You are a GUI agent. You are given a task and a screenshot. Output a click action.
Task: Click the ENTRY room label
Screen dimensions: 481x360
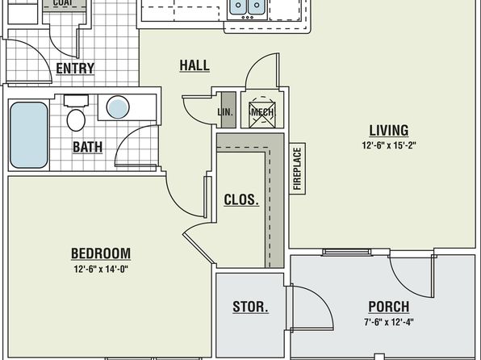[75, 68]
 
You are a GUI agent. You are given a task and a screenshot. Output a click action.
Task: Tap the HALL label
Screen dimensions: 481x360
[194, 65]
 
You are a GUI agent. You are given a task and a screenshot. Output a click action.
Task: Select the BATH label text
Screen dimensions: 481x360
[87, 147]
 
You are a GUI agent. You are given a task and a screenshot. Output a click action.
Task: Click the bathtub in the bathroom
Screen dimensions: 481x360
[29, 135]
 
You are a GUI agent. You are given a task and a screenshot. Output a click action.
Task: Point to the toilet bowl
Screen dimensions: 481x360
[76, 120]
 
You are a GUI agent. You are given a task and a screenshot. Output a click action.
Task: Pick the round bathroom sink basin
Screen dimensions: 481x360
[118, 107]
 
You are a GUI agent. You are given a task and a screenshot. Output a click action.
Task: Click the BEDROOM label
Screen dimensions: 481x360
[101, 253]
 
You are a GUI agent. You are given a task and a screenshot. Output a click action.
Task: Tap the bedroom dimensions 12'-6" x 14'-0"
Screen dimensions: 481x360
[101, 269]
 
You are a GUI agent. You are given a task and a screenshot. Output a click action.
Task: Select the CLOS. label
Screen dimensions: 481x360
[241, 200]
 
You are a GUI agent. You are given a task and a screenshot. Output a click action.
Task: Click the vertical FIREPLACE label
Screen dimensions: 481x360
[298, 169]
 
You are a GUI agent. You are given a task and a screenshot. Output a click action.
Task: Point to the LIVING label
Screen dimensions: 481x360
[389, 130]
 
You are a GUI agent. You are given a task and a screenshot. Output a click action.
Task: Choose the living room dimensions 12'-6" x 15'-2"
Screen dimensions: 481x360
[389, 145]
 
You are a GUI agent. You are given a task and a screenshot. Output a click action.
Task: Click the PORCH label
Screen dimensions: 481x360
[389, 307]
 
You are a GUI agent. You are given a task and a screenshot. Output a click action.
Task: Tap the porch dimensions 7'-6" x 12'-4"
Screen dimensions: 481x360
[389, 322]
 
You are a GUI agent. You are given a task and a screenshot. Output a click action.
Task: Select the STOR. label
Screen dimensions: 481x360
[250, 307]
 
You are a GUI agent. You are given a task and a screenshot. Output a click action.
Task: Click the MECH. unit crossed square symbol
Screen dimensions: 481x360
[262, 115]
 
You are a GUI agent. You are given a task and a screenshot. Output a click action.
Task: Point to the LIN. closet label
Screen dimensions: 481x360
[225, 112]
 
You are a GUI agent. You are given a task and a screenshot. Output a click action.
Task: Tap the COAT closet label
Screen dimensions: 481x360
[65, 3]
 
